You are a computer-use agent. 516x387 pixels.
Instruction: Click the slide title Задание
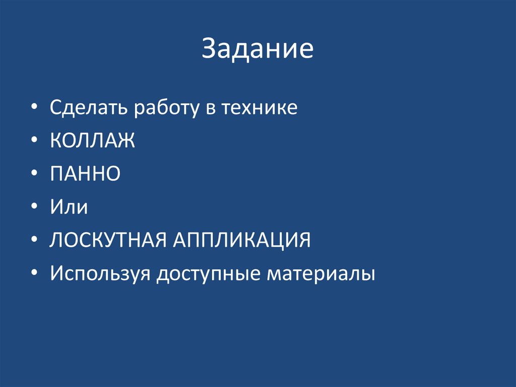pos(257,49)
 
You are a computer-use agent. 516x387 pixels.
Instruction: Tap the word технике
pos(260,108)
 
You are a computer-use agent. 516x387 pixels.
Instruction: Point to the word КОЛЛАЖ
pos(92,141)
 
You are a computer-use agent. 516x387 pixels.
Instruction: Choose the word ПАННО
pos(85,174)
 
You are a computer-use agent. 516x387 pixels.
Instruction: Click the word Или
pos(69,207)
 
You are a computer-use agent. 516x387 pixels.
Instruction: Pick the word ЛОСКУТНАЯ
pos(108,240)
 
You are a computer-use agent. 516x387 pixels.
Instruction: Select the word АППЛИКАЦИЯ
pos(242,240)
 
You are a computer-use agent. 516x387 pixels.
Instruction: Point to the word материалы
pos(321,273)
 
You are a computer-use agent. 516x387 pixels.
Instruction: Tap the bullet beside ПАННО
pos(34,175)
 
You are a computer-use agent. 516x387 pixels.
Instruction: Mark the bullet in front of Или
pos(34,207)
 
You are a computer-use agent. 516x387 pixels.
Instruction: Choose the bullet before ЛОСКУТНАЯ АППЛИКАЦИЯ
pos(34,241)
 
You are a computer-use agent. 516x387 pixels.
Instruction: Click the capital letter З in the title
pos(209,49)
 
